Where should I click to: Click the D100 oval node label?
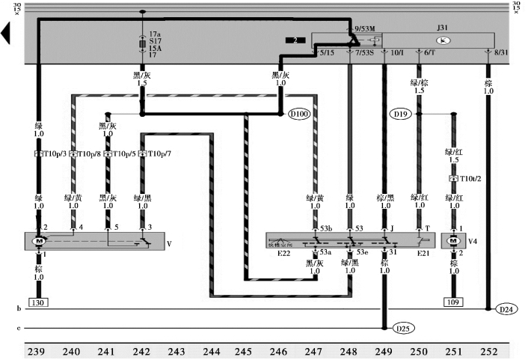coord(299,115)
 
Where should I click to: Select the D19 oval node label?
coord(400,115)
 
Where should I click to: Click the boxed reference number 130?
coord(39,302)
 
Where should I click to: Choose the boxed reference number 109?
coord(452,302)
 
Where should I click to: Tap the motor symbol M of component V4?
coord(453,240)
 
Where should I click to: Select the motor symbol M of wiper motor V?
coord(40,241)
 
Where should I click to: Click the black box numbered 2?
coord(295,40)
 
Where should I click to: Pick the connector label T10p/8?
coord(88,154)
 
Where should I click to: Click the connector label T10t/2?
coord(468,179)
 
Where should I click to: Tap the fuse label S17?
coord(155,41)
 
